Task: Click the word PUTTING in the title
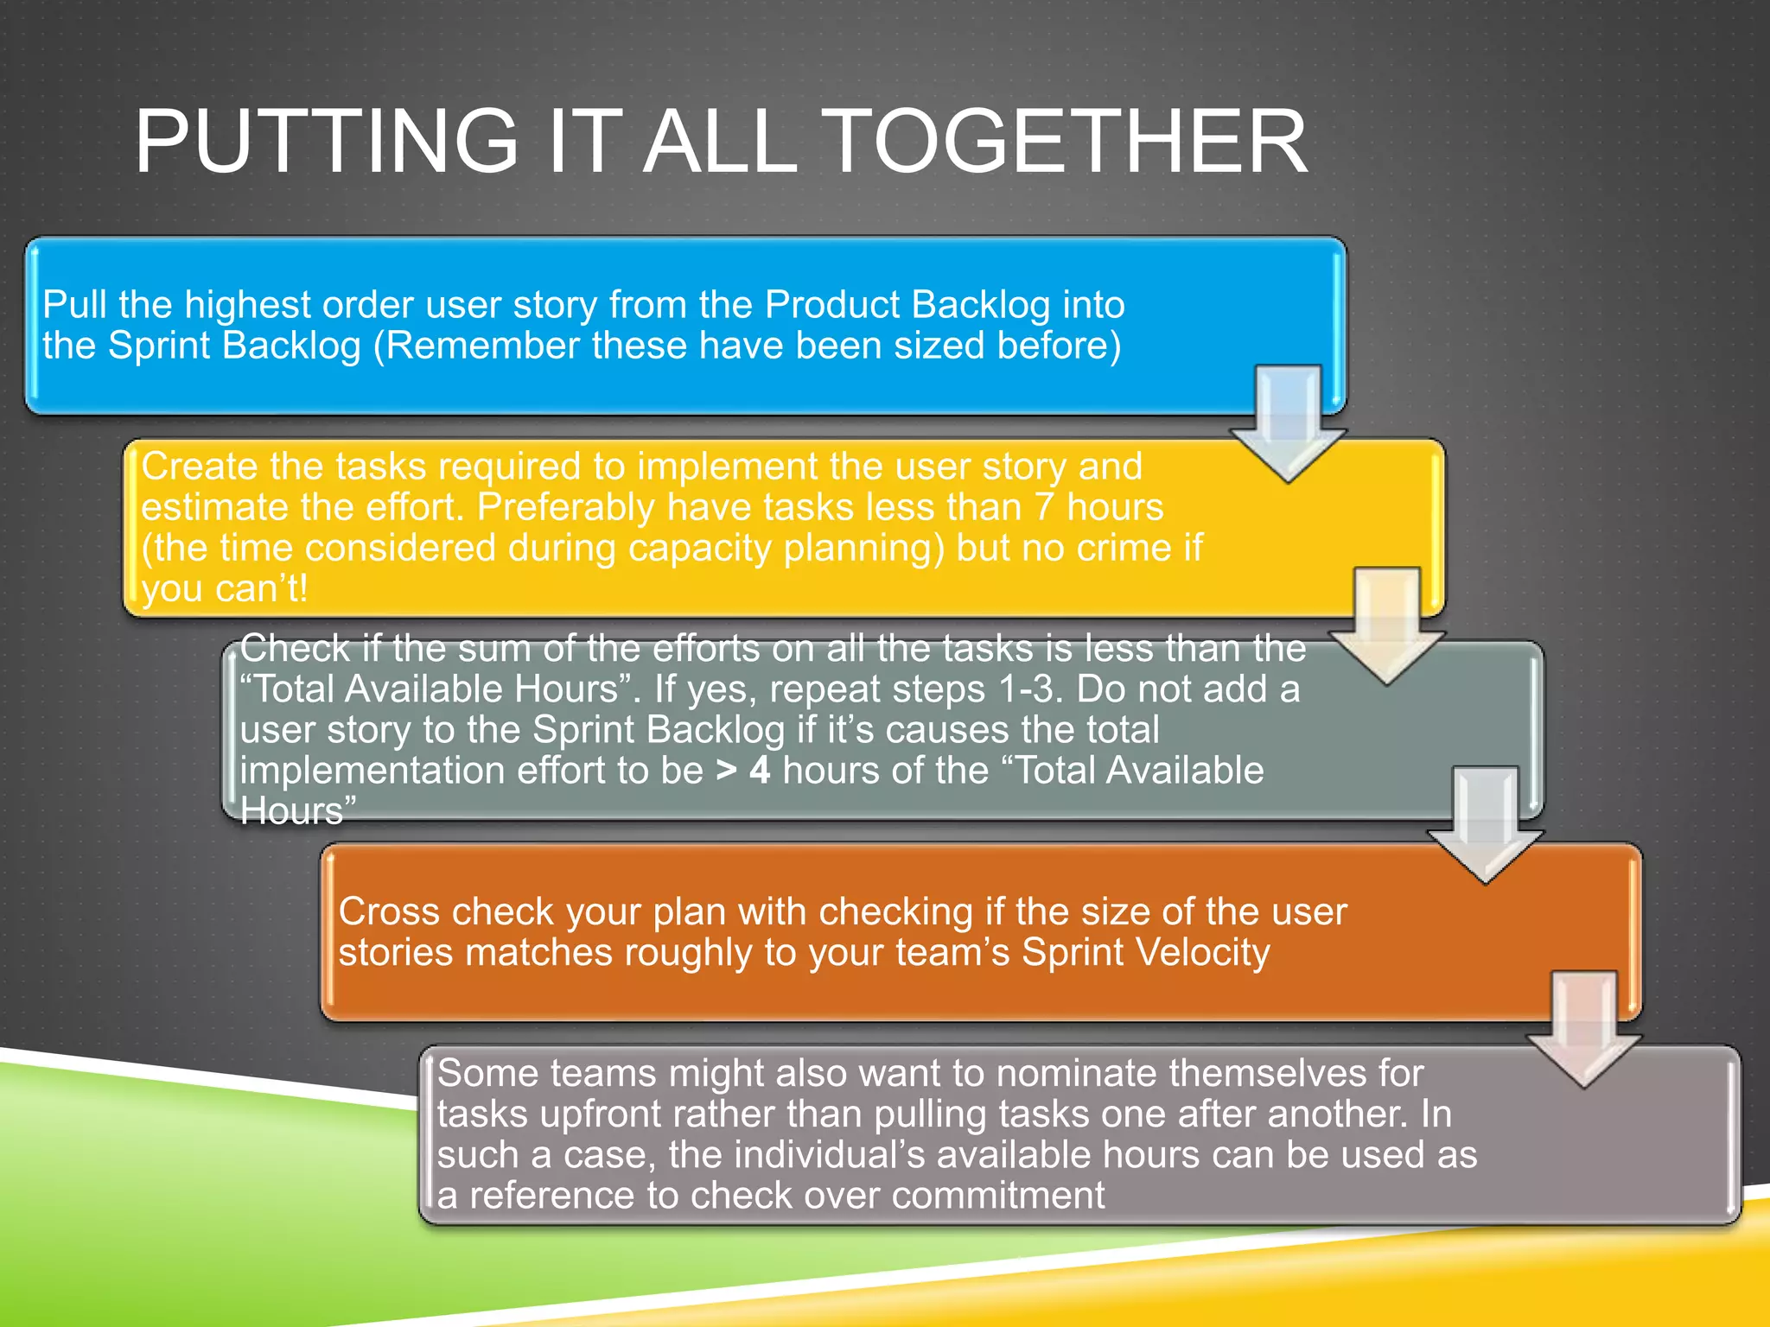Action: tap(327, 142)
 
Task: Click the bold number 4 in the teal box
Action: tap(760, 770)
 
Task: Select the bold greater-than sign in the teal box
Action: tap(726, 770)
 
